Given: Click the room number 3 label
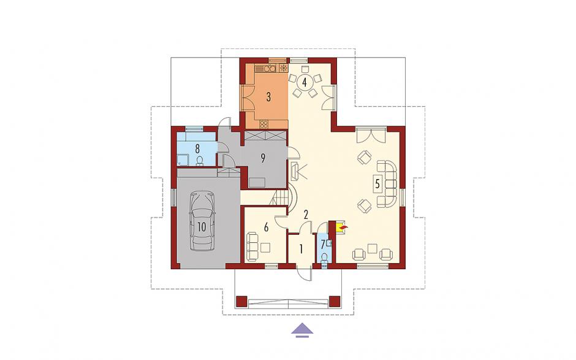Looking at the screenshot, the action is click(x=268, y=97).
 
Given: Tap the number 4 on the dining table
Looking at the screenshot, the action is click(x=304, y=82).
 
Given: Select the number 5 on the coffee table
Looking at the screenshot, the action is click(x=377, y=183).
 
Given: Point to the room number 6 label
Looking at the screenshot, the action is click(x=266, y=228).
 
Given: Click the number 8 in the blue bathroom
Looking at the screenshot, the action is click(x=197, y=149).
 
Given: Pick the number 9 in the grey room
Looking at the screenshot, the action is click(x=263, y=158).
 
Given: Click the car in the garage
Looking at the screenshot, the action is click(x=202, y=221).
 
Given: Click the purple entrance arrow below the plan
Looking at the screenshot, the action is click(x=302, y=330).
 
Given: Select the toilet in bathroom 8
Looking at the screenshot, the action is click(x=200, y=161).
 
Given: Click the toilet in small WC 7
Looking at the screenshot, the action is click(x=324, y=258).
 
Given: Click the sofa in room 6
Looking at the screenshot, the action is click(x=252, y=247).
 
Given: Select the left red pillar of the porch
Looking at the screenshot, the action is click(x=241, y=302).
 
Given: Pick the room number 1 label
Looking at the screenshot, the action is click(x=301, y=250).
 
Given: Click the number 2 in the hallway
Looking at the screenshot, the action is click(x=305, y=215).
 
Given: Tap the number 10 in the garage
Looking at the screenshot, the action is click(x=202, y=227).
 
